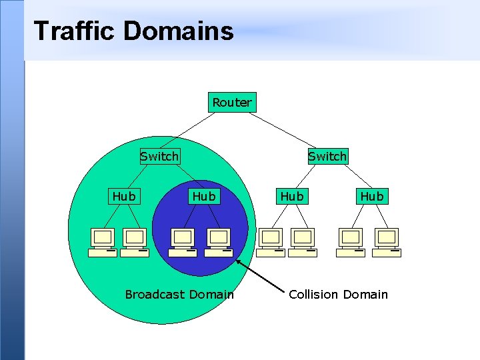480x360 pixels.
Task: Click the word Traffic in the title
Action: (74, 31)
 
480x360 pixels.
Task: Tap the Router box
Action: (232, 102)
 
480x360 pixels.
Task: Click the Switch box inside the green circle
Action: (159, 156)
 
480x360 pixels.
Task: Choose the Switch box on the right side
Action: (327, 156)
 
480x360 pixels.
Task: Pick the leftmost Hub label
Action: (124, 196)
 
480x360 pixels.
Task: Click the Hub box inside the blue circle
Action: (204, 196)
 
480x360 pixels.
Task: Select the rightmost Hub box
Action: (372, 196)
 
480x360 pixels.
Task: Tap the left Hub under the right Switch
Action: (292, 196)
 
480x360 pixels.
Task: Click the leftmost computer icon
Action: (103, 241)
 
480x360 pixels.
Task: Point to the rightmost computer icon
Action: (387, 241)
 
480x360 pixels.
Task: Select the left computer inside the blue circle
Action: (182, 241)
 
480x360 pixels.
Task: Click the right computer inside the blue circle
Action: (218, 241)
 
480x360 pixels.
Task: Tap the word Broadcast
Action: (155, 294)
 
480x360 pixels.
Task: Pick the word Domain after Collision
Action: (365, 294)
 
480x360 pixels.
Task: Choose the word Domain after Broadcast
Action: (211, 294)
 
